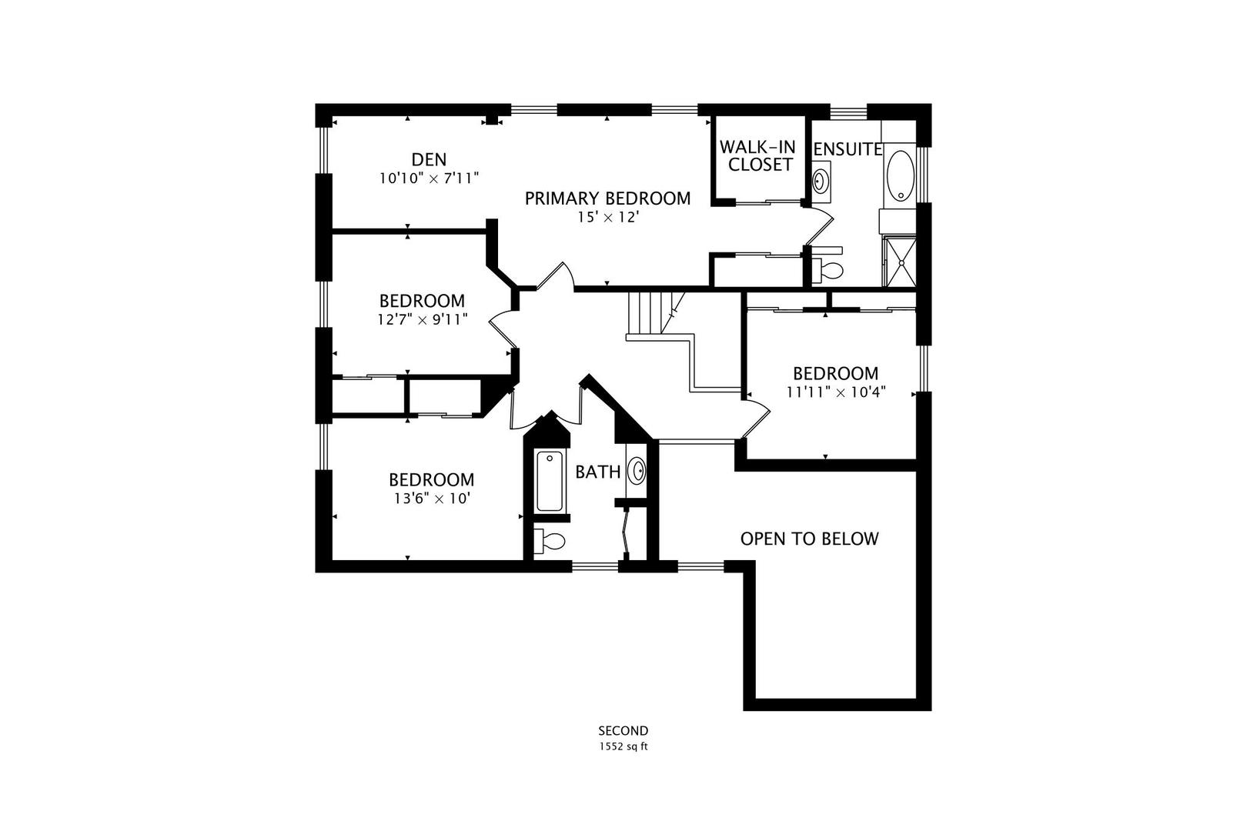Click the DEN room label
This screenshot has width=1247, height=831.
(x=429, y=159)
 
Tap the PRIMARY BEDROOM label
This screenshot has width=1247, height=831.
(x=607, y=199)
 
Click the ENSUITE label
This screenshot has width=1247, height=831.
(x=847, y=149)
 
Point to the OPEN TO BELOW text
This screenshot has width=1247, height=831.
(x=809, y=539)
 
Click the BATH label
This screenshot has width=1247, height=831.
(x=598, y=472)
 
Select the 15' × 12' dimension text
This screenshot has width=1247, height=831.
(x=609, y=218)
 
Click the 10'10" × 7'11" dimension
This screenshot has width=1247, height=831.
(x=429, y=179)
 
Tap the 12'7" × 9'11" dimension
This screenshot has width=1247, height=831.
(x=422, y=319)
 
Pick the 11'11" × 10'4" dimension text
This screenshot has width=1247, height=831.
(x=835, y=392)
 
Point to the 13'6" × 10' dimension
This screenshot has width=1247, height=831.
(x=431, y=499)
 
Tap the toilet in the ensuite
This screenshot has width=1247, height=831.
(x=829, y=271)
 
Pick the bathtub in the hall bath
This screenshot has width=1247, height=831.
(x=550, y=482)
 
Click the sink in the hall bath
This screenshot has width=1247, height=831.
(x=637, y=469)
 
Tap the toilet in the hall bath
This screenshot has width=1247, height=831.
(x=551, y=540)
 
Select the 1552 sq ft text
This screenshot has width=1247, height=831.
(x=623, y=746)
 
